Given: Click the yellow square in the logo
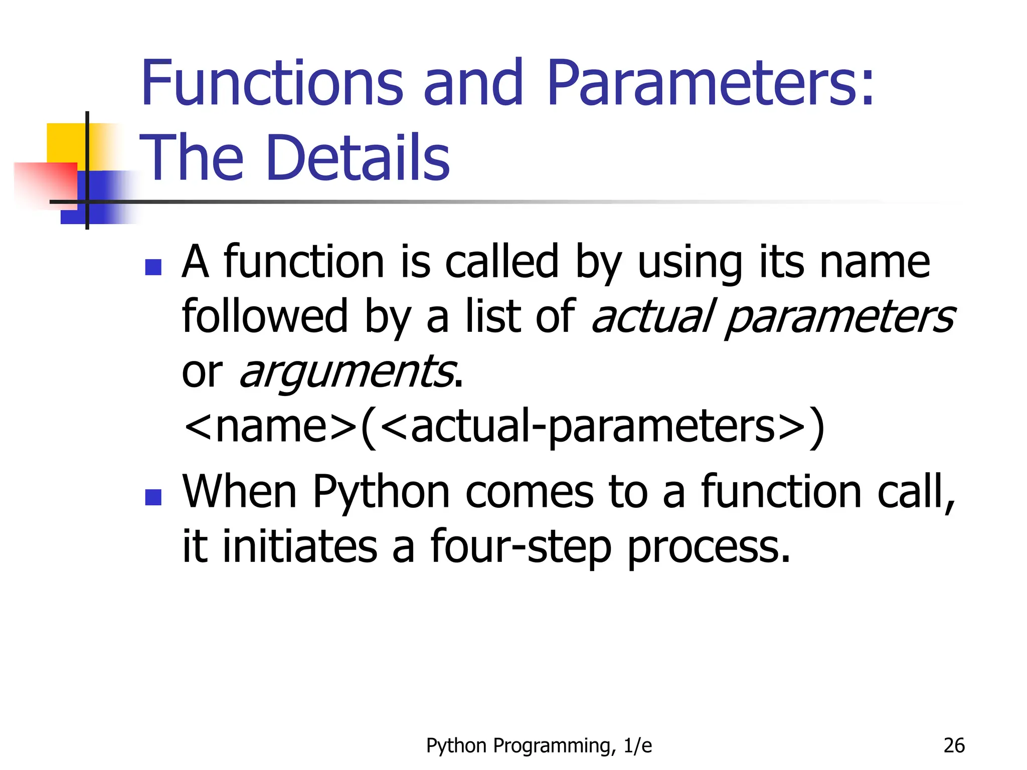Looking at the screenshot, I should [65, 142].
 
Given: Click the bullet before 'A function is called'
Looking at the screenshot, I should [153, 267].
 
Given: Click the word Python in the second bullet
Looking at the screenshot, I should [381, 493].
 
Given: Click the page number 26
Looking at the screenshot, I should [954, 745].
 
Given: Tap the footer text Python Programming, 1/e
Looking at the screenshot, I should [539, 746].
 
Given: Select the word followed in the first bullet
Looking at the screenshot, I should [265, 316].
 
